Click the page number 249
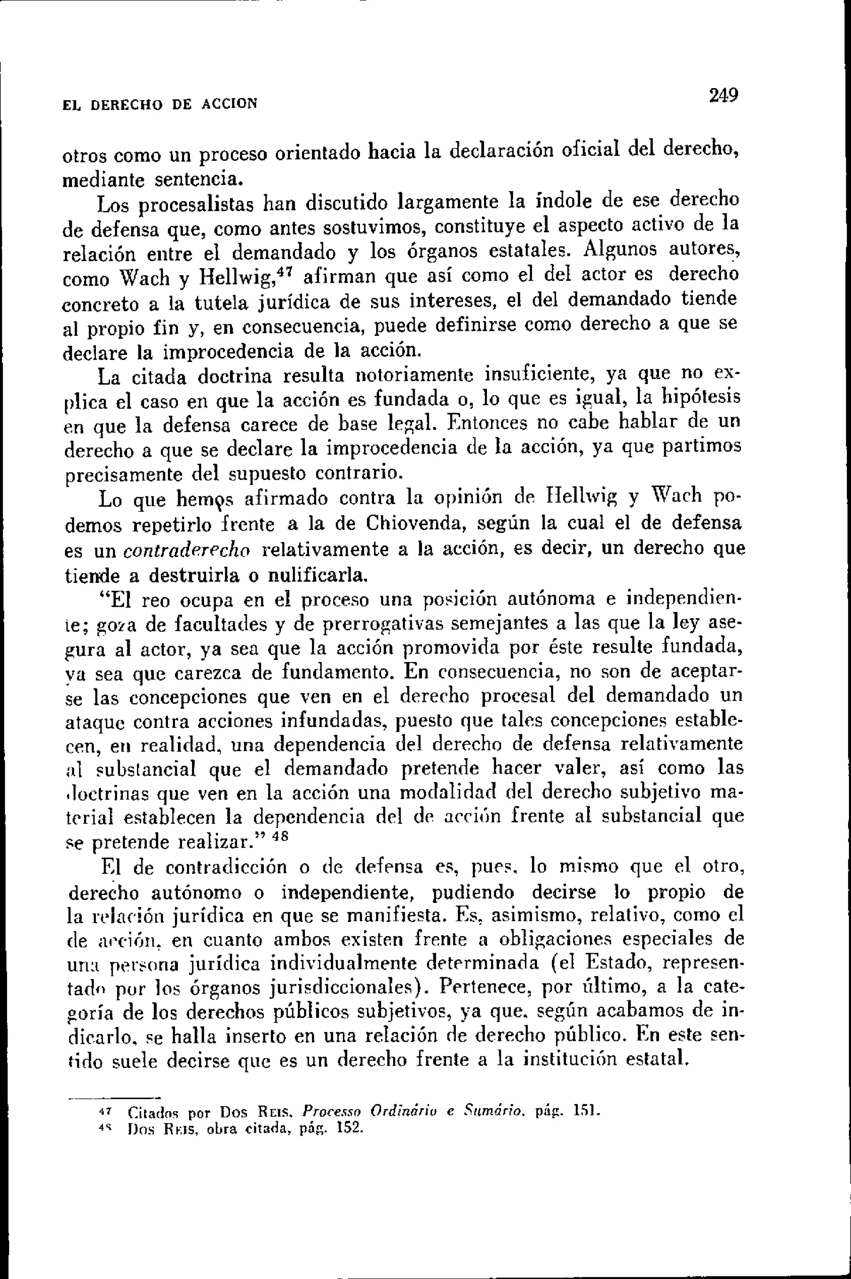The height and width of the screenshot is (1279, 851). pyautogui.click(x=723, y=96)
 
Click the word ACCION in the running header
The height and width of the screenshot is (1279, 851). pyautogui.click(x=229, y=104)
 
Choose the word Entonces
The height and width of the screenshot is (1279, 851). pyautogui.click(x=488, y=422)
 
